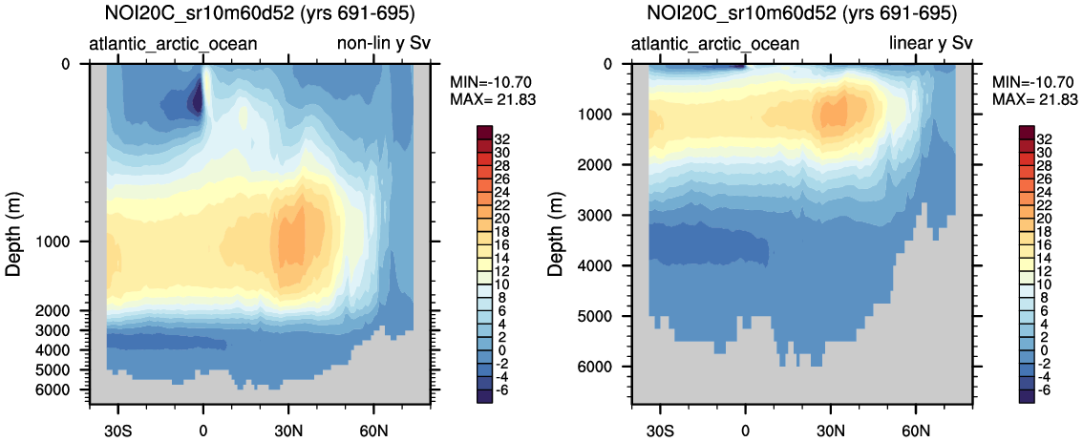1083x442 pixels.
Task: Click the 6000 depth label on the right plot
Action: click(600, 367)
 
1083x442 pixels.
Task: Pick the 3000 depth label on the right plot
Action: click(600, 215)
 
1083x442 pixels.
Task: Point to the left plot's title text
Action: click(239, 14)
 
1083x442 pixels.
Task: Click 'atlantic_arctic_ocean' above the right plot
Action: click(716, 44)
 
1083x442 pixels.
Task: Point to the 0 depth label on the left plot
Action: click(66, 64)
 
